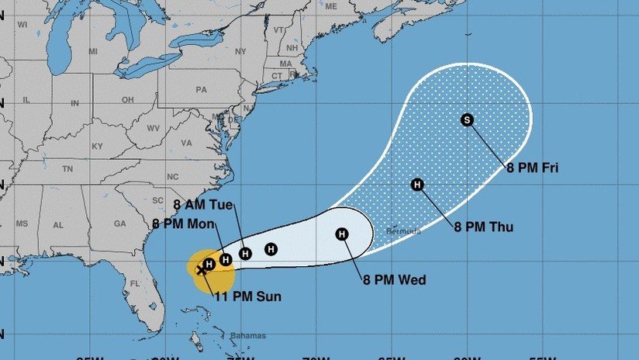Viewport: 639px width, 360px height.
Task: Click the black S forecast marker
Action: pos(467,119)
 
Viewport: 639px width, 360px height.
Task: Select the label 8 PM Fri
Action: pos(533,167)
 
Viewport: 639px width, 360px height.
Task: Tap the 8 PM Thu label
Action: pos(483,227)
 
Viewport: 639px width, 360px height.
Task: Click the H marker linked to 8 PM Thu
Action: pos(417,185)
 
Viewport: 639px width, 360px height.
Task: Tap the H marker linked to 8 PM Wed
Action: pos(342,234)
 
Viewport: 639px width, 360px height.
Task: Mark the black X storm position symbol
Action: pos(202,270)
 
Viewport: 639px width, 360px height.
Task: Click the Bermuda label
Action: pos(403,231)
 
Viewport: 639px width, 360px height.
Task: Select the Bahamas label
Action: pos(248,336)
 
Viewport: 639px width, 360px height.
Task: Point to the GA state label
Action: pos(119,223)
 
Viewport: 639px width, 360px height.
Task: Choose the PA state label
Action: pos(202,89)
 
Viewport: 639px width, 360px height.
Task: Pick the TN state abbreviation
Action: pos(67,168)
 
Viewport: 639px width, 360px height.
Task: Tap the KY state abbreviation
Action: pos(97,146)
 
